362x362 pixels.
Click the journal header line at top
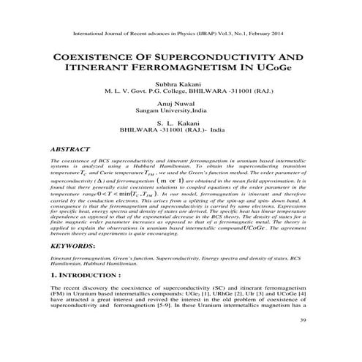tap(180, 34)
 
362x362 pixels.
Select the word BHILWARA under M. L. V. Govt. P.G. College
tap(206, 93)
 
